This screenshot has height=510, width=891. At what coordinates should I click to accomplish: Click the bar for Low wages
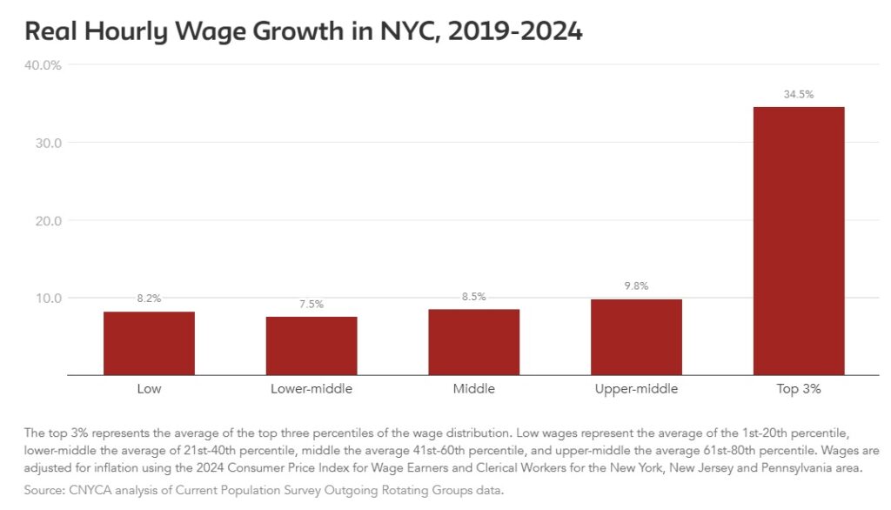tap(149, 343)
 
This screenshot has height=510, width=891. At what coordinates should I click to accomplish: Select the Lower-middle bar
tap(312, 346)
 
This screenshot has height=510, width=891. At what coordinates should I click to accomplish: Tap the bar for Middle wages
tap(474, 342)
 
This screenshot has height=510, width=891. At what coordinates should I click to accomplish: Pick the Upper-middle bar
tap(636, 337)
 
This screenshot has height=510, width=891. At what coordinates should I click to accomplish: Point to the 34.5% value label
tap(799, 94)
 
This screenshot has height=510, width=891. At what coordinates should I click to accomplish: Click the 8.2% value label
tap(149, 299)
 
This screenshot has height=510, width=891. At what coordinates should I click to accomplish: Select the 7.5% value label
tap(312, 304)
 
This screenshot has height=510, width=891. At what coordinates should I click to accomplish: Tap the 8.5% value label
tap(474, 296)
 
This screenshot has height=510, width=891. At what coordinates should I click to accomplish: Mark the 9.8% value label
tap(636, 285)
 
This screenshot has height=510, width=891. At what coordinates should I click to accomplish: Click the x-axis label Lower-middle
tap(312, 389)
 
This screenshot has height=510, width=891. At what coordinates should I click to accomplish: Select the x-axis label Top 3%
tap(799, 389)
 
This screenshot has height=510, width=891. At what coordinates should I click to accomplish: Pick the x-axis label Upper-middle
tap(636, 389)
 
